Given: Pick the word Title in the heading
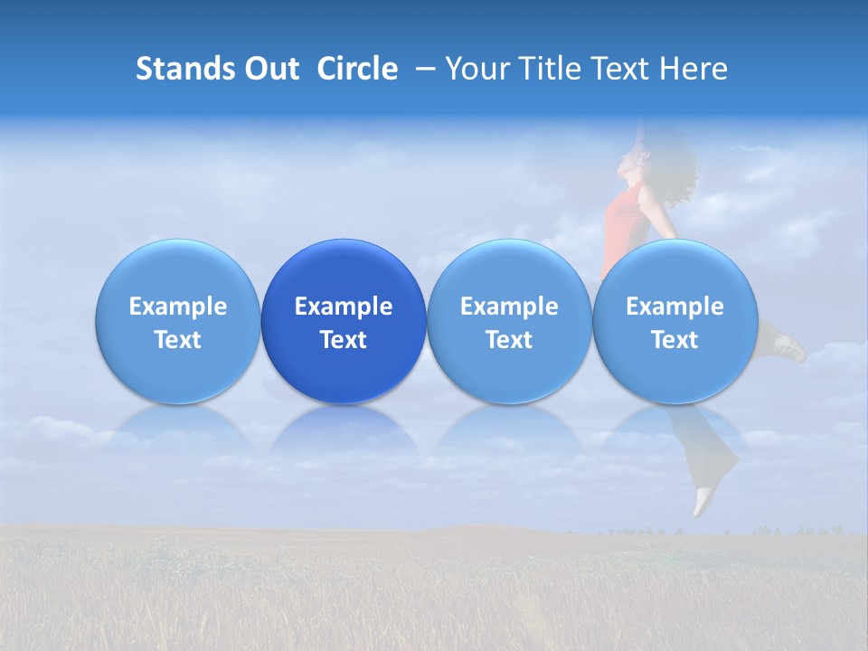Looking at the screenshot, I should click(x=547, y=69).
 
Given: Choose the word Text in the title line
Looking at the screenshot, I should click(x=620, y=69).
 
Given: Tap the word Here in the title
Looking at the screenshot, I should click(x=693, y=69).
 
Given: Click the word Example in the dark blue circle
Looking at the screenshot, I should click(x=344, y=307).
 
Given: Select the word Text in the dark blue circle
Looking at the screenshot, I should click(x=344, y=340).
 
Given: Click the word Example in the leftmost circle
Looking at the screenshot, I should click(x=178, y=307).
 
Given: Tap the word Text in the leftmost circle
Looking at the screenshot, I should click(x=178, y=340).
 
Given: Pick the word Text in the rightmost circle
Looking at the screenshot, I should click(x=675, y=340).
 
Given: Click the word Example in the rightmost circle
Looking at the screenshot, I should click(x=675, y=307).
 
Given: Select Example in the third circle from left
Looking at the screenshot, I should click(x=509, y=307).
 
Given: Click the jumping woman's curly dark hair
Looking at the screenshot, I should click(x=674, y=172).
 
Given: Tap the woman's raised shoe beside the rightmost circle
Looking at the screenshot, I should click(x=788, y=346).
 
